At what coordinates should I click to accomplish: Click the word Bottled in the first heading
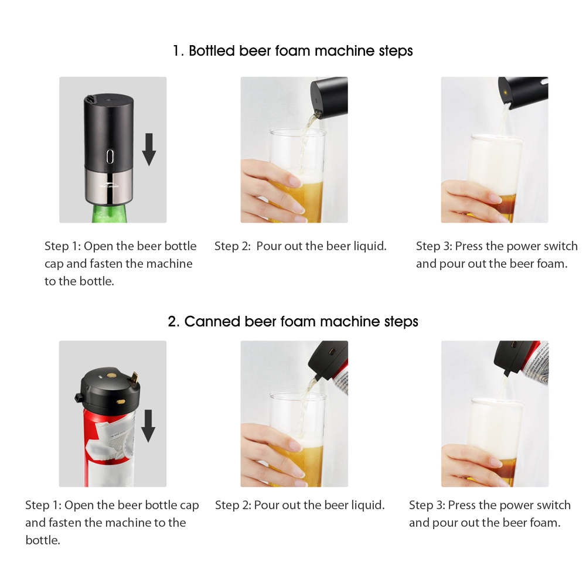pyautogui.click(x=212, y=51)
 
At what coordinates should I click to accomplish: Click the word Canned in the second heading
pyautogui.click(x=212, y=321)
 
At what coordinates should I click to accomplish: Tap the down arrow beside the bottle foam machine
pyautogui.click(x=149, y=149)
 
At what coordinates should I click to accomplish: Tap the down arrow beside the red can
pyautogui.click(x=148, y=425)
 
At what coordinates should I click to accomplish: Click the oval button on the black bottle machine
pyautogui.click(x=110, y=156)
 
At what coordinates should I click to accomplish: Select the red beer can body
pyautogui.click(x=109, y=448)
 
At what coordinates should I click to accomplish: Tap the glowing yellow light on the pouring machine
pyautogui.click(x=505, y=92)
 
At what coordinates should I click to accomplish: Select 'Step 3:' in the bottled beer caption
pyautogui.click(x=434, y=246)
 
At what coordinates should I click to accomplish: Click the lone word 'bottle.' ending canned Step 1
pyautogui.click(x=43, y=540)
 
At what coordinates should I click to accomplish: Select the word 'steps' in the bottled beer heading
pyautogui.click(x=396, y=51)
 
